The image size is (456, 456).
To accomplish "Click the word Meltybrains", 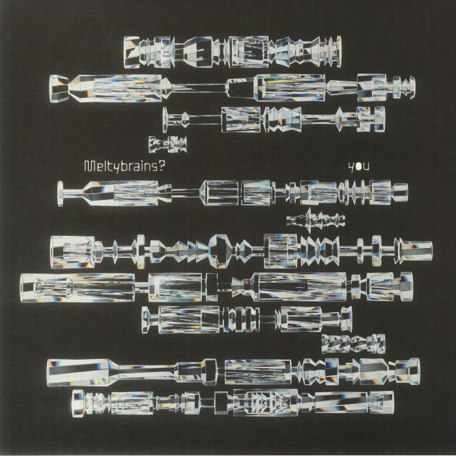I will pos(121,165).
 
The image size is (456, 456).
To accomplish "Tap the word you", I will pos(358,166).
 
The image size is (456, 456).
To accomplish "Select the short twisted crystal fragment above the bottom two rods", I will pos(352,342).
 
